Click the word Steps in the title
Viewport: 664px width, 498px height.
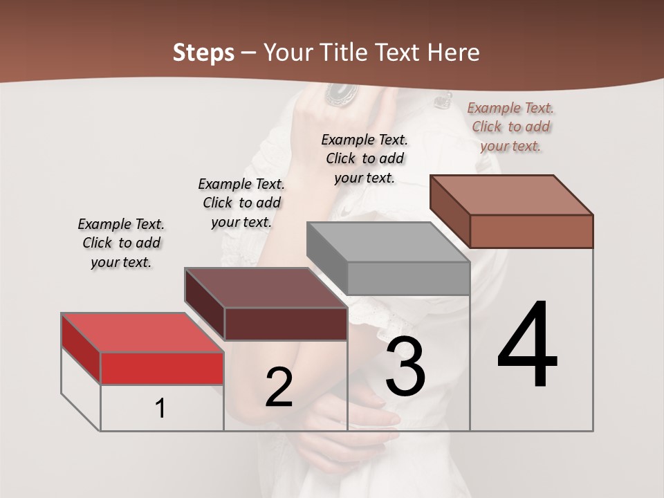pos(203,53)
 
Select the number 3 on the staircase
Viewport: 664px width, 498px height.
pos(405,367)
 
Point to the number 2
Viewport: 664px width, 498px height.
pos(279,387)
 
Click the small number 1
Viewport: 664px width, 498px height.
pos(160,408)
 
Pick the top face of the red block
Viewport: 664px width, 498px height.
pos(142,333)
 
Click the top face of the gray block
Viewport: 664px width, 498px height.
pos(387,242)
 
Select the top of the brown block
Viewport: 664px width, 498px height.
pos(511,195)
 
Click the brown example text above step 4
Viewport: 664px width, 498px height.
pos(511,127)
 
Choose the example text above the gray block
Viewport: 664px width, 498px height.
pos(365,158)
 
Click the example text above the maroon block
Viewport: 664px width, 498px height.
pos(241,203)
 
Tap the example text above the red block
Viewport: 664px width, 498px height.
pos(121,243)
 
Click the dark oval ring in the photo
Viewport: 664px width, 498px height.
pos(340,93)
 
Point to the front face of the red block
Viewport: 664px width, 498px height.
pos(162,368)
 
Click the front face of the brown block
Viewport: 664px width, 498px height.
pos(531,231)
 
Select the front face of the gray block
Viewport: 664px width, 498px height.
pos(408,278)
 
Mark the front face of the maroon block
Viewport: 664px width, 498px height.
pos(286,324)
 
